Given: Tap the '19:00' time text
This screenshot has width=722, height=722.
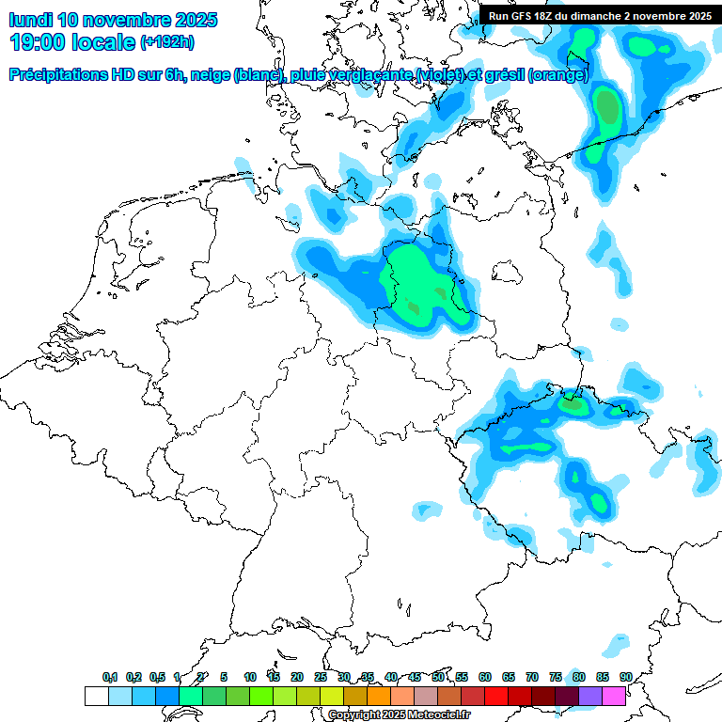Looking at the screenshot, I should click(38, 42).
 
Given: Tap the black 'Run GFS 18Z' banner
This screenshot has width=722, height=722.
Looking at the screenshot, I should click(598, 16).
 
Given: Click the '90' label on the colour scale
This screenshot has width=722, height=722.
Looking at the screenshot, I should click(625, 677).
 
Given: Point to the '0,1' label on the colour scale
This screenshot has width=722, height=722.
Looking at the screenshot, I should click(110, 677).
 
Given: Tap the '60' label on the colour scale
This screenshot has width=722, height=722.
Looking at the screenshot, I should click(485, 677).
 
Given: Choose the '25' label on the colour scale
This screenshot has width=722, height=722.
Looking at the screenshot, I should click(321, 677).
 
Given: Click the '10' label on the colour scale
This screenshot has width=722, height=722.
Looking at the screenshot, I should click(250, 677).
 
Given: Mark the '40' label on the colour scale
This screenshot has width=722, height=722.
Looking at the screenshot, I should click(391, 677).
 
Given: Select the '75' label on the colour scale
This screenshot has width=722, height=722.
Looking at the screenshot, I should click(556, 677).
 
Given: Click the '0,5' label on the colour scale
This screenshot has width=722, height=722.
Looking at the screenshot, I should click(157, 677).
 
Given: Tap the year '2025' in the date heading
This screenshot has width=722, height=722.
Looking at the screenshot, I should click(194, 20).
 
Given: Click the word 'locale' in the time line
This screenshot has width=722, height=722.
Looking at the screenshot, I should click(107, 42).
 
